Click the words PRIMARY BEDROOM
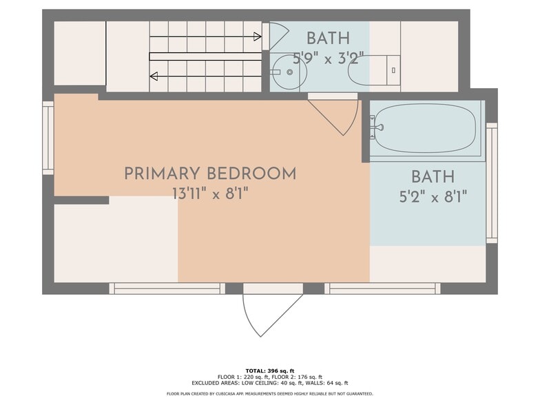tap(210, 174)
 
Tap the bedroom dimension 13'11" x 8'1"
tap(210, 194)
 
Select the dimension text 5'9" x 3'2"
tap(329, 57)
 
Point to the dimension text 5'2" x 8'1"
tap(433, 197)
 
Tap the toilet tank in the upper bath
tap(393, 70)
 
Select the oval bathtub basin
tap(425, 128)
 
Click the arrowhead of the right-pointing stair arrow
tap(257, 37)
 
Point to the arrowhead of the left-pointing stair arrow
tap(154, 76)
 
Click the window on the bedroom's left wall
tap(48, 138)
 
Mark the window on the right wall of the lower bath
tap(492, 183)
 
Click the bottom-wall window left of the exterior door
tap(167, 289)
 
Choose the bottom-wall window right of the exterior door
tap(382, 289)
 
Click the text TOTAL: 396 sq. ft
tap(269, 371)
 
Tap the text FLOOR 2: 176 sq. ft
tap(297, 377)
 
